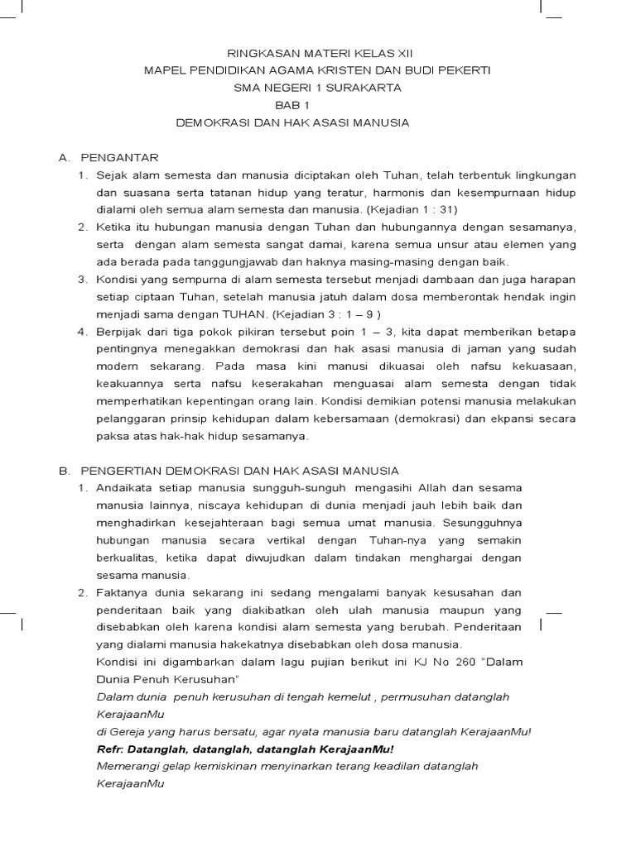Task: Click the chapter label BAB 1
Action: click(x=291, y=105)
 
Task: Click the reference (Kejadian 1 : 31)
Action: click(x=418, y=209)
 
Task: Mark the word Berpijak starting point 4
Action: click(x=121, y=332)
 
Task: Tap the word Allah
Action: click(x=423, y=488)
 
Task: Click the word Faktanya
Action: click(x=122, y=592)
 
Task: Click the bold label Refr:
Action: click(x=111, y=749)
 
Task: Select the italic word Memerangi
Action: click(x=127, y=766)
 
